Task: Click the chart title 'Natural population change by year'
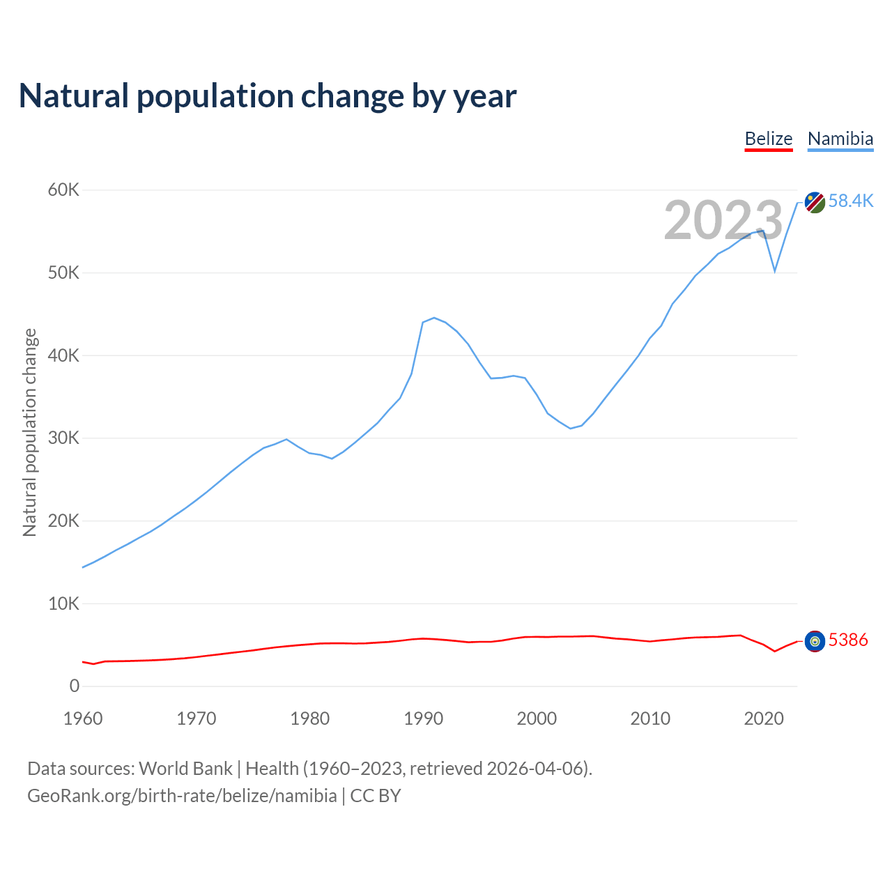click(268, 96)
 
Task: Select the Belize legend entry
click(768, 139)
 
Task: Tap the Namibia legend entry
click(840, 139)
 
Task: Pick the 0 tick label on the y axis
click(75, 686)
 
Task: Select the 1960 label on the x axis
click(83, 718)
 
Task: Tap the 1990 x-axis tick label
click(423, 718)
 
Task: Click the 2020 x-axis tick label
click(764, 718)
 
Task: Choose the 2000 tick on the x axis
click(537, 718)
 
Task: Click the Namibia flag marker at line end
click(815, 203)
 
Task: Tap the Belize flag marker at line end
click(815, 641)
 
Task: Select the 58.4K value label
click(851, 201)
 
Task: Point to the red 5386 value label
click(848, 640)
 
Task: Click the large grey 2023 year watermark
click(723, 221)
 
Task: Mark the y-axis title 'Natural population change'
click(30, 433)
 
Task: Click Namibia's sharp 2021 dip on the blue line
click(774, 271)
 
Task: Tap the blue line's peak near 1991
click(434, 318)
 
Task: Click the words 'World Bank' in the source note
click(185, 769)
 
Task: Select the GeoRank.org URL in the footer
click(182, 796)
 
